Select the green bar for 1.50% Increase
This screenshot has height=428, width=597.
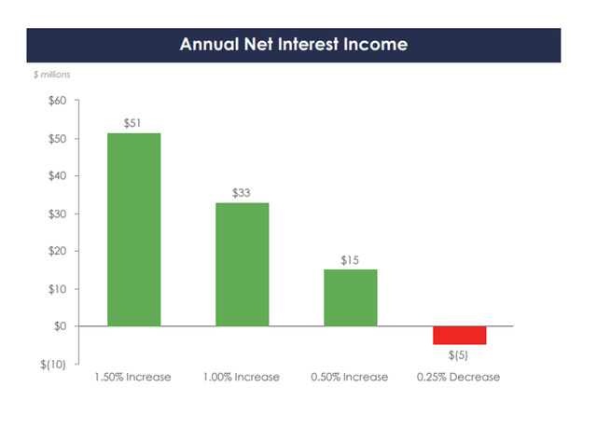(133, 229)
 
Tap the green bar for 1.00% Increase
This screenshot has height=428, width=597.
(242, 264)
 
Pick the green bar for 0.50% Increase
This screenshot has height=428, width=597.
(350, 297)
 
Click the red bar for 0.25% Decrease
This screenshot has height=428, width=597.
(458, 336)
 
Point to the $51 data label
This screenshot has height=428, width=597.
(133, 122)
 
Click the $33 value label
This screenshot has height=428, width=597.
(242, 192)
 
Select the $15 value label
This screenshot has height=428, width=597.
(350, 259)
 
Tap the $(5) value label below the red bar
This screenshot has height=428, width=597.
(458, 355)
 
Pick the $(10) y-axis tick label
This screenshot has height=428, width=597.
(52, 365)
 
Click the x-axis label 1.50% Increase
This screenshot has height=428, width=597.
(133, 378)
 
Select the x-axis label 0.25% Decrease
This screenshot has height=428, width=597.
(458, 378)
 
